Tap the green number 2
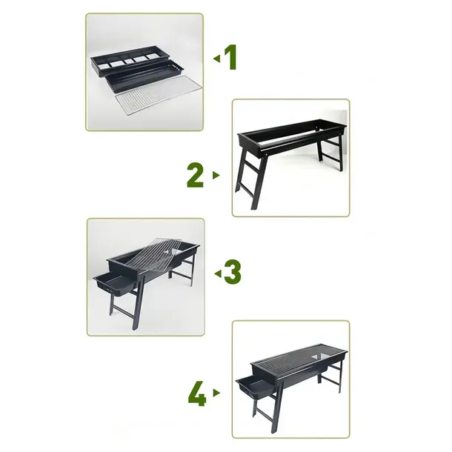(195, 175)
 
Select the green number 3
(232, 273)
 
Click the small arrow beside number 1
(216, 58)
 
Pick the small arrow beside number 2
(216, 176)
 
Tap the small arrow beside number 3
(217, 273)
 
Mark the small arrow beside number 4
(216, 393)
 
